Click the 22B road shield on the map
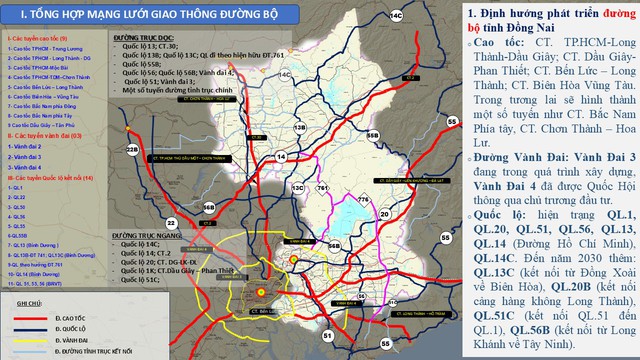pyautogui.click(x=133, y=150)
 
